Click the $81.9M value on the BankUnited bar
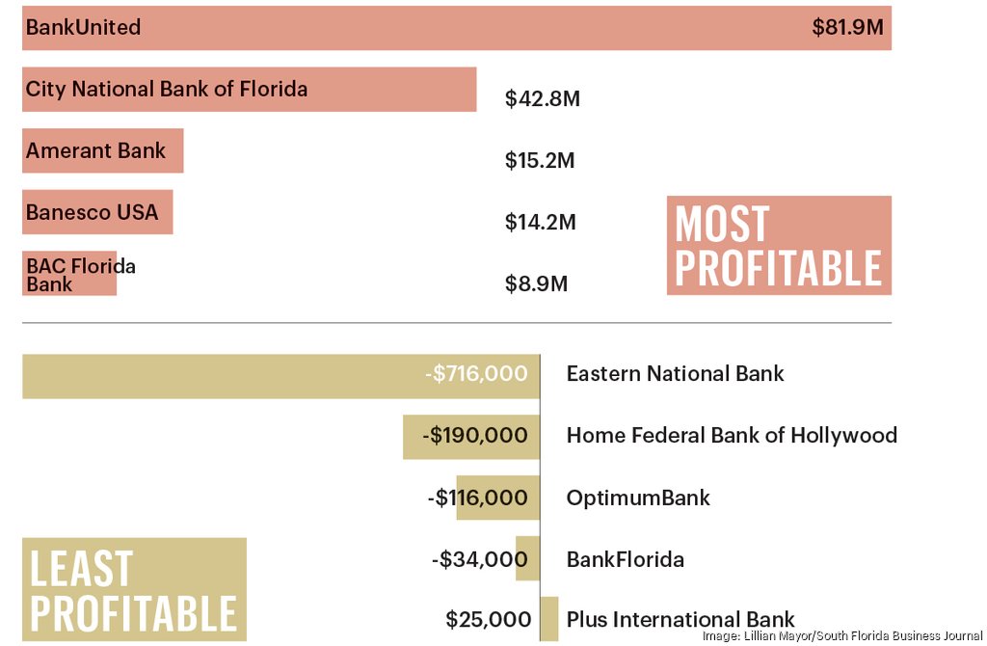tap(847, 27)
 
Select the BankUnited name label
tap(83, 27)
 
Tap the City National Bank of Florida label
tap(167, 89)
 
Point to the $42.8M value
tap(542, 98)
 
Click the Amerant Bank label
tap(95, 150)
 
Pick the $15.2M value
tap(539, 160)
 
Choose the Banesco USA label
tap(92, 212)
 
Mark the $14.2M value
tap(540, 222)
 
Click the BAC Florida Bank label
tap(80, 275)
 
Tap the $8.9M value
tap(536, 284)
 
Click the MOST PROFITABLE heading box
tap(779, 246)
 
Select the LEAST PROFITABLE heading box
tap(134, 590)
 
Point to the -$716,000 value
tap(475, 374)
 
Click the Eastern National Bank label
tap(675, 374)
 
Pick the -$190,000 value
tap(474, 436)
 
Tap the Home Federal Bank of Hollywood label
tap(732, 436)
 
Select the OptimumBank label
tap(638, 498)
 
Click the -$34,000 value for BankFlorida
tap(479, 559)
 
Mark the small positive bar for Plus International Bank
tap(549, 618)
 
